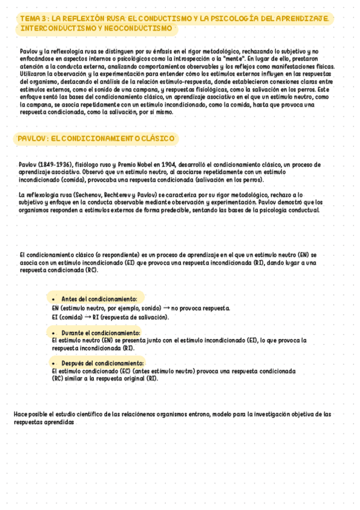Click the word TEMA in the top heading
[28, 19]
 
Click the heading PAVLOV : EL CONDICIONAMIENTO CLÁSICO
[96, 138]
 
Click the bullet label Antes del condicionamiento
[99, 299]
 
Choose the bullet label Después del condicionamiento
[103, 363]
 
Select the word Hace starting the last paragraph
[20, 414]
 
